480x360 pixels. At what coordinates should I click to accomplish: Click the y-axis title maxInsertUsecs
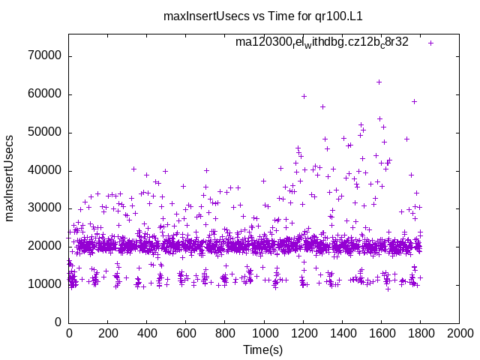pos(10,178)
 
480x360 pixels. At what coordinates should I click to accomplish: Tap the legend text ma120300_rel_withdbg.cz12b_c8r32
pos(322,43)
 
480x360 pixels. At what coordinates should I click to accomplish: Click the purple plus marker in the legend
pos(430,43)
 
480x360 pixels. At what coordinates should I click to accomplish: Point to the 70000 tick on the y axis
pos(44,56)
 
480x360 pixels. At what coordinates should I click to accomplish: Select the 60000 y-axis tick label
pos(44,94)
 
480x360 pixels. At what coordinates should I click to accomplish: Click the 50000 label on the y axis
pos(44,133)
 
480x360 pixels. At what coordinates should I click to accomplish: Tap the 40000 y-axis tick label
pos(44,171)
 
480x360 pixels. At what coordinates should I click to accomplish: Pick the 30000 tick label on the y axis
pos(44,208)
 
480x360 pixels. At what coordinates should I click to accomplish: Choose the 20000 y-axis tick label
pos(44,247)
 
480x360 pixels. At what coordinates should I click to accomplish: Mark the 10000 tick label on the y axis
pos(44,284)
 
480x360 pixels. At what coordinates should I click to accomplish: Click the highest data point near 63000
pos(379,82)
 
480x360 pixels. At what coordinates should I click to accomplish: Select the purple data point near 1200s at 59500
pos(304,96)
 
